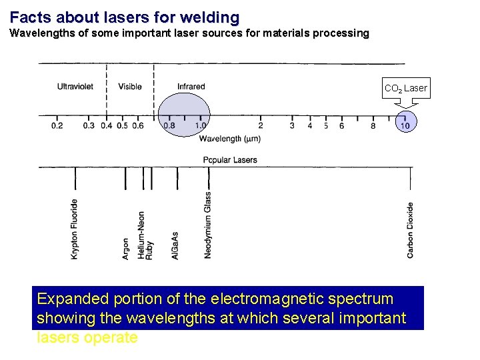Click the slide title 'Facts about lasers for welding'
(x=125, y=16)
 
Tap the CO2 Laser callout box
(x=405, y=88)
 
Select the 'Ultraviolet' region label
(x=75, y=87)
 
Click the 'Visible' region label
(x=130, y=87)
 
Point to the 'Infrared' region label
(x=191, y=87)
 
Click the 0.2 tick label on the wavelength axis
(x=57, y=125)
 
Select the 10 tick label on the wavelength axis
(x=405, y=125)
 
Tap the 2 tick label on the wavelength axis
(x=260, y=125)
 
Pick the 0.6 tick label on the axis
(x=138, y=125)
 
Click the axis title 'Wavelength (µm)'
(x=229, y=139)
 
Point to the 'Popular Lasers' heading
(x=230, y=160)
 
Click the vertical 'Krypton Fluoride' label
(x=75, y=229)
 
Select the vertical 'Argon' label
(x=126, y=249)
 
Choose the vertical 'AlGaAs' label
(x=175, y=246)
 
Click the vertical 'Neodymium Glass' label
(x=208, y=225)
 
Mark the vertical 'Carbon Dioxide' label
(x=410, y=230)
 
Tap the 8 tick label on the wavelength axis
(x=373, y=125)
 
